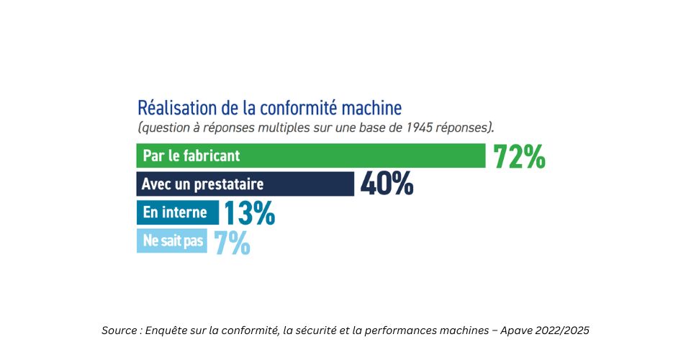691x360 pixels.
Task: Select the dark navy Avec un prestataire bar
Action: (x=245, y=184)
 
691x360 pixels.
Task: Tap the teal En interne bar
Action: (x=177, y=212)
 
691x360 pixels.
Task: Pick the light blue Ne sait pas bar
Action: (x=171, y=241)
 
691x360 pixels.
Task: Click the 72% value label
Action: (x=519, y=156)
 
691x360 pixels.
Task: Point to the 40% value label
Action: (x=387, y=184)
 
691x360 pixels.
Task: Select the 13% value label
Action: (x=249, y=213)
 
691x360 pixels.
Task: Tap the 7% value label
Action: (x=232, y=242)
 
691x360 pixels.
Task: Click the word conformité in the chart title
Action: (x=291, y=109)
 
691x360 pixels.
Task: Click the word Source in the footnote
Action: (x=119, y=330)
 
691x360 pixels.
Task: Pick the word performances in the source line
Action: (x=412, y=330)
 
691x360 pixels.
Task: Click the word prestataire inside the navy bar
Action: (x=229, y=184)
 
